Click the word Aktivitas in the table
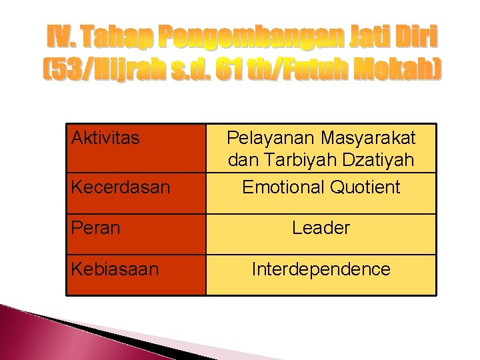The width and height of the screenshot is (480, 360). [105, 139]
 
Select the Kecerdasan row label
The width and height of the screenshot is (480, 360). [121, 187]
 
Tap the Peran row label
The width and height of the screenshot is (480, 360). [95, 228]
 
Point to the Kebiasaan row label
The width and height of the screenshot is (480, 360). [115, 269]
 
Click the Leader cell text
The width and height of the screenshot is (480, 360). [321, 228]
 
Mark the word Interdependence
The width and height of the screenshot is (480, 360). [321, 269]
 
